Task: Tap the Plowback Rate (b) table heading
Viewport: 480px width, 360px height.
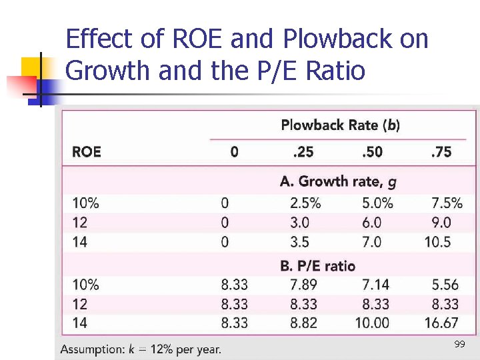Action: (340, 125)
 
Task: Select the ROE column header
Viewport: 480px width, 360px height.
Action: (87, 152)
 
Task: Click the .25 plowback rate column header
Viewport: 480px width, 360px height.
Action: (303, 152)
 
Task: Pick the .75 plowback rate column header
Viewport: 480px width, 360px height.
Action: (441, 152)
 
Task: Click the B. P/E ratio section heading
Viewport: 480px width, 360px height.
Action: (317, 266)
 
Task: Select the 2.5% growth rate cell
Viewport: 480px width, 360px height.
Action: (305, 203)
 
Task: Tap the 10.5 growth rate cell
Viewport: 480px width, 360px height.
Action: (437, 241)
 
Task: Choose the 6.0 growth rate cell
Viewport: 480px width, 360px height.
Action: (371, 222)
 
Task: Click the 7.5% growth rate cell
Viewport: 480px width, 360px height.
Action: (447, 203)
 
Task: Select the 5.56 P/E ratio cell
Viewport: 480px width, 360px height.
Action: (445, 285)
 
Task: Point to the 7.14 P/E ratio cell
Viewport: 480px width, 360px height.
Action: (375, 285)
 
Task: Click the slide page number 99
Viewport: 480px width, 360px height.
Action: (459, 345)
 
